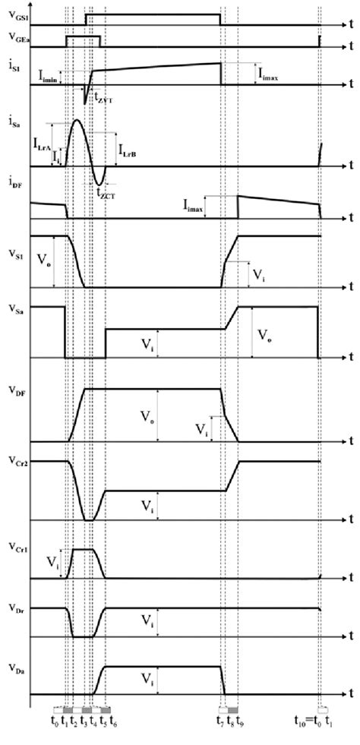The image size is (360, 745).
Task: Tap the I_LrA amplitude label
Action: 42,142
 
